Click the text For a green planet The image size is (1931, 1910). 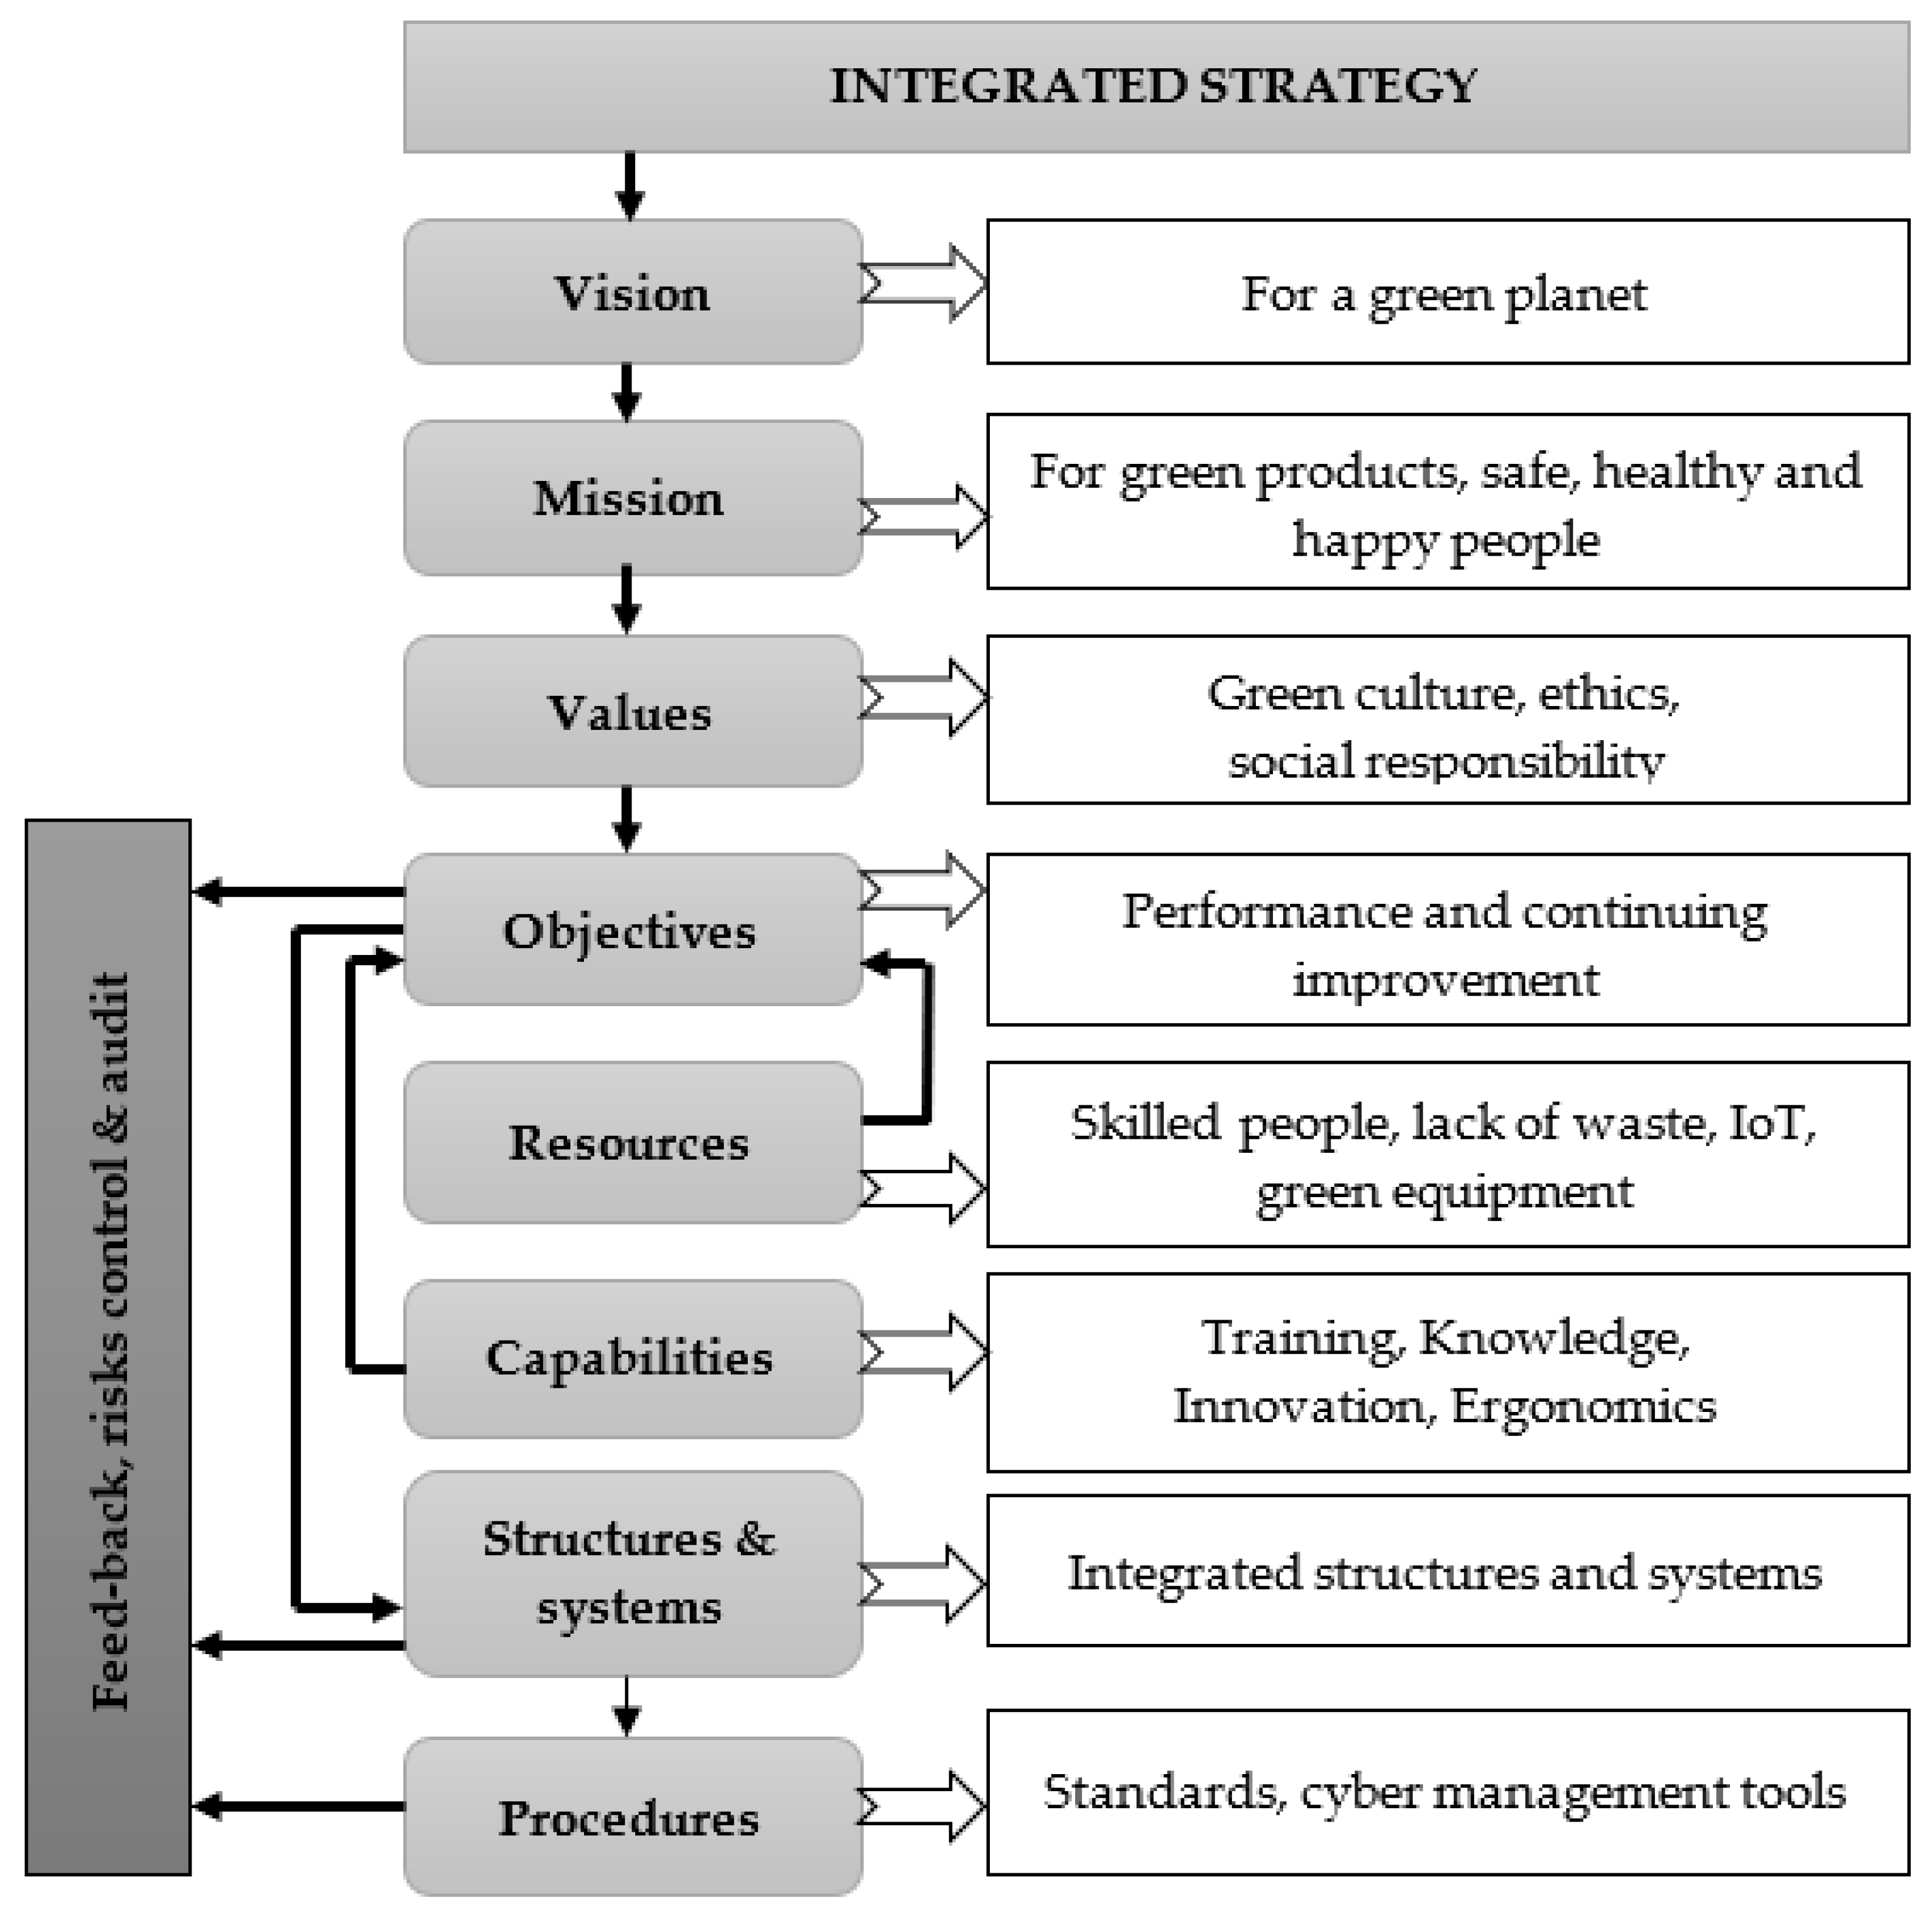click(1444, 294)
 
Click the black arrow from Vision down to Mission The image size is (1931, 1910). click(626, 392)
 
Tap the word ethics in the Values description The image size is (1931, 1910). click(1607, 693)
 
